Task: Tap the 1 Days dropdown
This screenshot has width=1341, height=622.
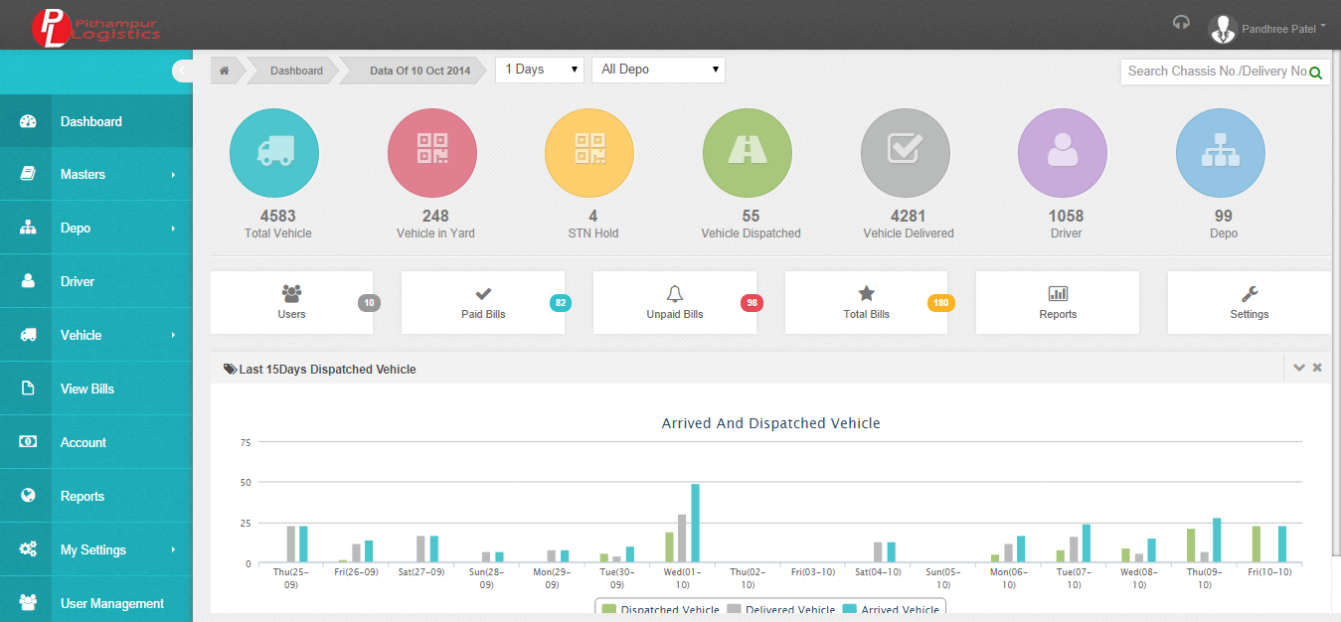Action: pyautogui.click(x=540, y=70)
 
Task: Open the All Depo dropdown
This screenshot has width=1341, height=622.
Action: pyautogui.click(x=658, y=70)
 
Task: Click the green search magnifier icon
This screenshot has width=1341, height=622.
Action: pyautogui.click(x=1315, y=73)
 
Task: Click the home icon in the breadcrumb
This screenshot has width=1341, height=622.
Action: pyautogui.click(x=225, y=71)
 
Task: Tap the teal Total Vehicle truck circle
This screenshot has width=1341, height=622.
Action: pyautogui.click(x=274, y=153)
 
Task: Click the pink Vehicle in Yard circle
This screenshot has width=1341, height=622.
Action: pyautogui.click(x=432, y=153)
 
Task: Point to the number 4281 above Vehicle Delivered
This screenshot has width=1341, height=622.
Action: pyautogui.click(x=909, y=216)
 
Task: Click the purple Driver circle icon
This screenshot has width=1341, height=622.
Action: pyautogui.click(x=1063, y=153)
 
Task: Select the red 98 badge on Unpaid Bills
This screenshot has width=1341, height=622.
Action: pyautogui.click(x=752, y=303)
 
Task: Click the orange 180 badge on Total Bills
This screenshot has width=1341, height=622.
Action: pyautogui.click(x=941, y=303)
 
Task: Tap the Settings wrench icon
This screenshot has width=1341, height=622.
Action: pyautogui.click(x=1250, y=293)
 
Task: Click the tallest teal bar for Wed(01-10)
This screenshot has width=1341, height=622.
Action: pyautogui.click(x=695, y=523)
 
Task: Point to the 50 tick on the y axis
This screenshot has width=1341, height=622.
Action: pyautogui.click(x=246, y=483)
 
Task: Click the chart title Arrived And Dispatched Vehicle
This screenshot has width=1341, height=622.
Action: pyautogui.click(x=770, y=423)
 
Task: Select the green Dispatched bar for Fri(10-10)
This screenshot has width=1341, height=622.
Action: pyautogui.click(x=1256, y=544)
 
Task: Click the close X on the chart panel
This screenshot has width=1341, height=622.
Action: pyautogui.click(x=1317, y=368)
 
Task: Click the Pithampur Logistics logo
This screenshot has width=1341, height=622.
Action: pyautogui.click(x=95, y=28)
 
